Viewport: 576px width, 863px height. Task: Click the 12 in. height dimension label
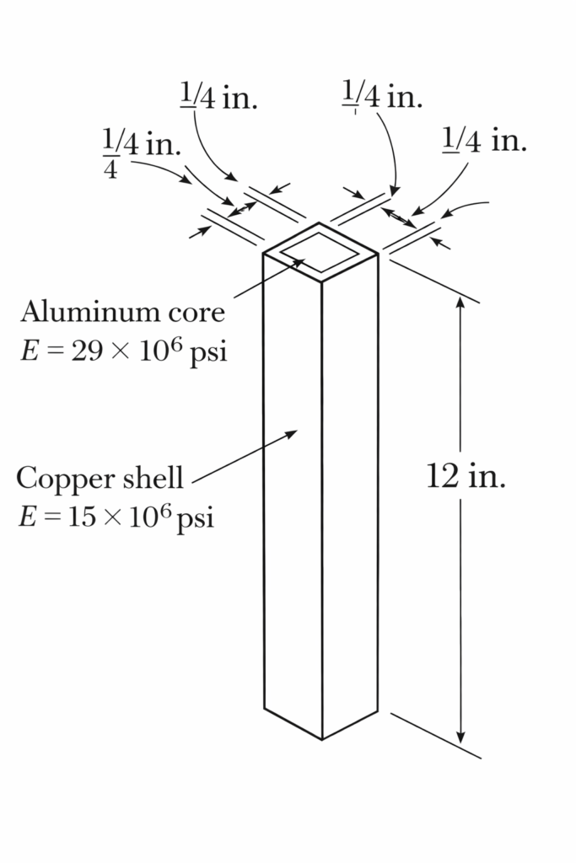[x=466, y=477]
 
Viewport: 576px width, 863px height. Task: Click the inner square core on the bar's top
[x=319, y=250]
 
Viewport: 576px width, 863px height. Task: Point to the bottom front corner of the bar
[x=322, y=739]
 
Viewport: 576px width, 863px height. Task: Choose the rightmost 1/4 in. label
[x=484, y=141]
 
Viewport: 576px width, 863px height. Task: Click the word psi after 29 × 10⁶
[x=207, y=351]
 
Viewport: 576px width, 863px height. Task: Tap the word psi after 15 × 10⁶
[x=196, y=516]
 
